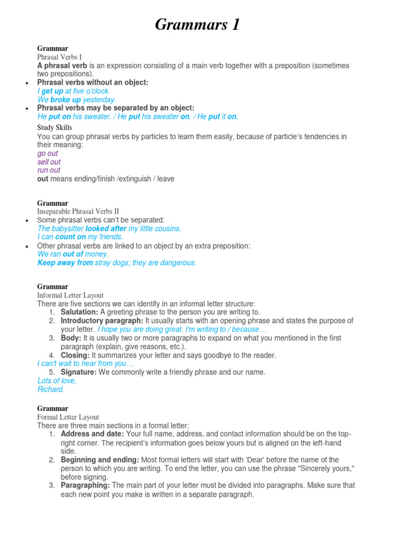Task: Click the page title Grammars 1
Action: pyautogui.click(x=197, y=25)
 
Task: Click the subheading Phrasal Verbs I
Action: pyautogui.click(x=59, y=57)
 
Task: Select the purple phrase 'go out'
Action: pyautogui.click(x=48, y=153)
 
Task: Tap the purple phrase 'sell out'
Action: pyautogui.click(x=49, y=162)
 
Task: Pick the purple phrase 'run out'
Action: pyautogui.click(x=49, y=170)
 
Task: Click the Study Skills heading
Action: pyautogui.click(x=54, y=128)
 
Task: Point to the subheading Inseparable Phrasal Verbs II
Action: pyautogui.click(x=78, y=211)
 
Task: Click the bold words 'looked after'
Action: pyautogui.click(x=105, y=229)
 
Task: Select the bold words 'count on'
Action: pyautogui.click(x=70, y=237)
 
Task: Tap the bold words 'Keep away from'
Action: pyautogui.click(x=65, y=263)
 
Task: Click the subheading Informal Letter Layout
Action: pyautogui.click(x=70, y=295)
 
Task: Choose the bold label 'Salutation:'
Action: pyautogui.click(x=79, y=312)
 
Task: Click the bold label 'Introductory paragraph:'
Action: pyautogui.click(x=102, y=320)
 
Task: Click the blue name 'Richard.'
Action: pyautogui.click(x=51, y=389)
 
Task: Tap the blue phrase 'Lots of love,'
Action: pyautogui.click(x=57, y=381)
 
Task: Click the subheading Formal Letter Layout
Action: pyautogui.click(x=68, y=417)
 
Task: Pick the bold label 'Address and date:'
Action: pyautogui.click(x=92, y=434)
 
